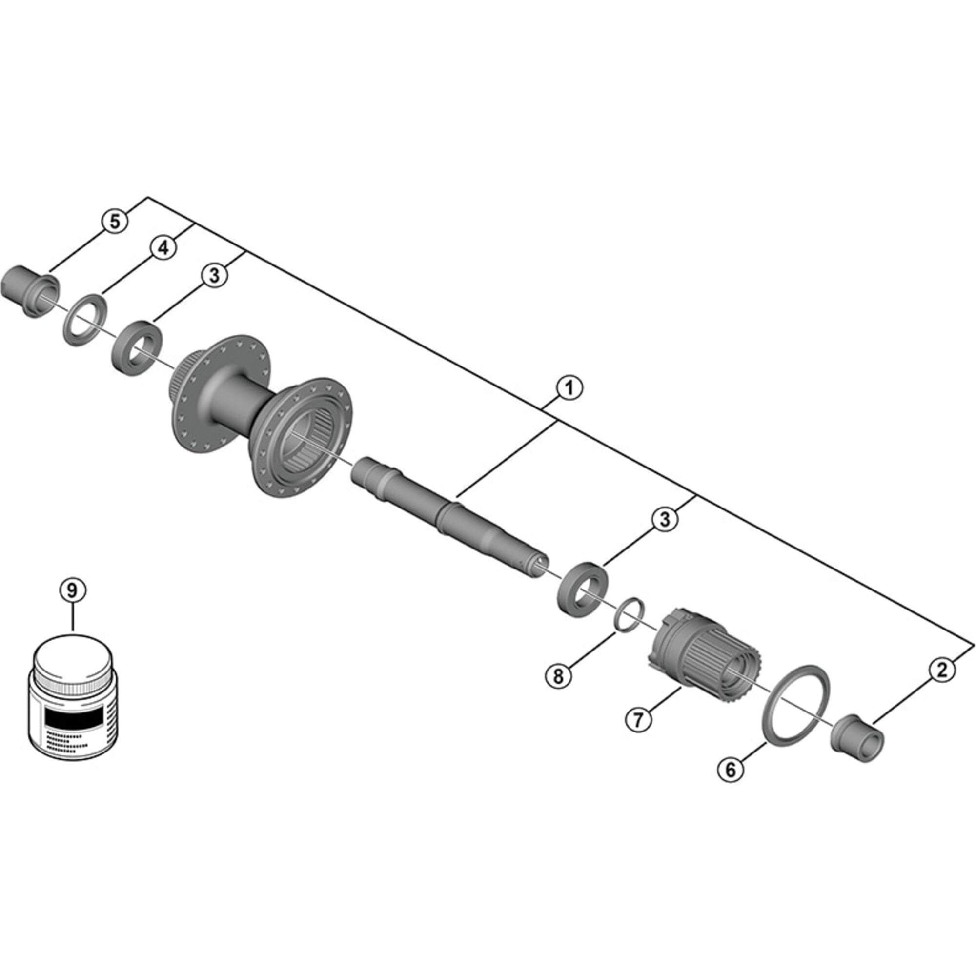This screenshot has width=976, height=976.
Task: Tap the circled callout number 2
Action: (942, 671)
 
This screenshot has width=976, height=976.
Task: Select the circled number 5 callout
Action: (115, 221)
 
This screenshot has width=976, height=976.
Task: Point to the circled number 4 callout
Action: (163, 248)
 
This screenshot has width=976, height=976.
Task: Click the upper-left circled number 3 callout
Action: (215, 275)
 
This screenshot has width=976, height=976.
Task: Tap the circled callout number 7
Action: (638, 719)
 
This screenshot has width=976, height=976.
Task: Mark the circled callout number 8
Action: (558, 676)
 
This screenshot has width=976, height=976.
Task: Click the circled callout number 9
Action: (73, 590)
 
